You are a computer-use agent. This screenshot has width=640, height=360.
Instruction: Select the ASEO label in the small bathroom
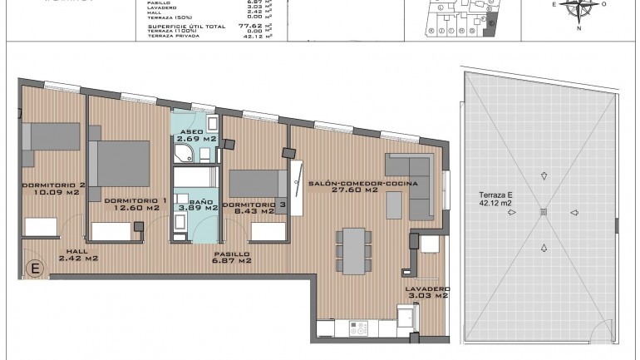click(x=191, y=131)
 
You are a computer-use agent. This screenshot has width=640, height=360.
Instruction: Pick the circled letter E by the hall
click(x=35, y=269)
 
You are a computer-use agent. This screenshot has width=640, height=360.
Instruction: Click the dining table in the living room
click(x=355, y=250)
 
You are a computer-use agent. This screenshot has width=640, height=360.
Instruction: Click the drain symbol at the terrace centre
click(x=543, y=211)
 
